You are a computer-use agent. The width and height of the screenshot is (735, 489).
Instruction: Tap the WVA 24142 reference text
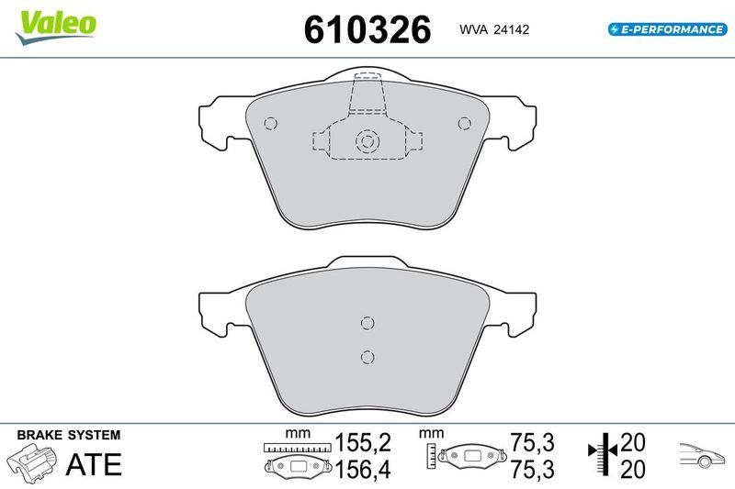(493, 29)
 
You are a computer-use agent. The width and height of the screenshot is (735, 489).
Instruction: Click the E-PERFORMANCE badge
(667, 29)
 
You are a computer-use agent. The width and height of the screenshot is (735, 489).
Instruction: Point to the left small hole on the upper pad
(270, 124)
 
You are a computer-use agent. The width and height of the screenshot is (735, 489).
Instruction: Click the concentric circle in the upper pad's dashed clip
(367, 141)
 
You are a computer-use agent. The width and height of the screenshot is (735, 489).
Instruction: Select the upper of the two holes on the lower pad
(367, 322)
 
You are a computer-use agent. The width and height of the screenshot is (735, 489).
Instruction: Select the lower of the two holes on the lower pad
(367, 357)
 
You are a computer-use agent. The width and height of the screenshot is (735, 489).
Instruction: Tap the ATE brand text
(94, 464)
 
